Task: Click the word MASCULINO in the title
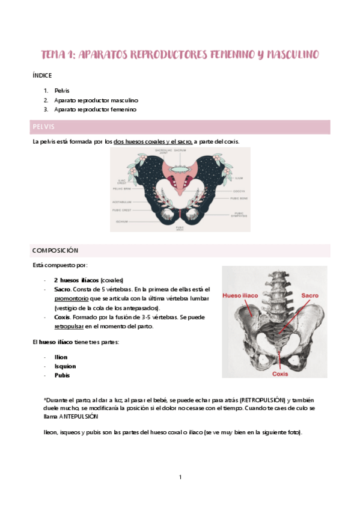[x=287, y=55]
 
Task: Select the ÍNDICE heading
[x=42, y=76]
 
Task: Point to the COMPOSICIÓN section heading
[x=56, y=250]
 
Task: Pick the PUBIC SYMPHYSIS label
[x=239, y=214]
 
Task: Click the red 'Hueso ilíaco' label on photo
[x=241, y=296]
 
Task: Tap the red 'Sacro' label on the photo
[x=310, y=296]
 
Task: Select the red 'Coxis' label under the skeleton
[x=281, y=373]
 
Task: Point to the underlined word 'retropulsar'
[x=69, y=327]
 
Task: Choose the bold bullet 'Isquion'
[x=65, y=366]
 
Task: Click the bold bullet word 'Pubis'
[x=61, y=375]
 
